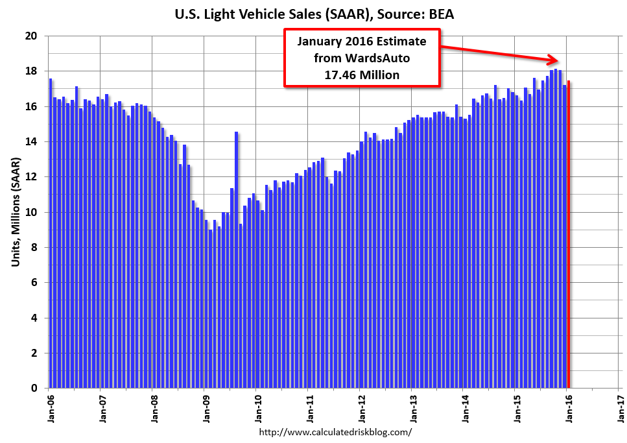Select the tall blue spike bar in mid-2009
[x=236, y=259]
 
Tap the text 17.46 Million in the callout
[x=362, y=75]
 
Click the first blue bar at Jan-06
[x=51, y=233]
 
